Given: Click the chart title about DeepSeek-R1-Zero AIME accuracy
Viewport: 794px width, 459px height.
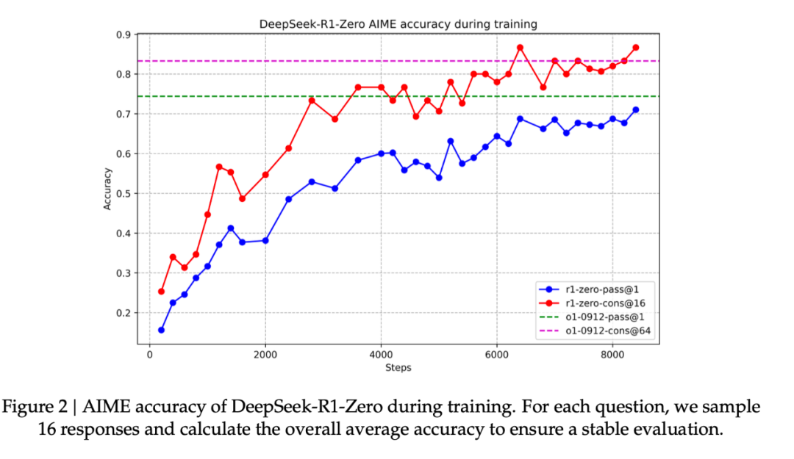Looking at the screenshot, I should click(398, 24).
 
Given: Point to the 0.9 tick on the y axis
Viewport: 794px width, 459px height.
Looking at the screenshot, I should click(124, 35).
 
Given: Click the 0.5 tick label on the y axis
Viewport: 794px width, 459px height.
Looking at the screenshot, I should click(124, 194).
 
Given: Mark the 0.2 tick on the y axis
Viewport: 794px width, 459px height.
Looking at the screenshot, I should click(124, 313).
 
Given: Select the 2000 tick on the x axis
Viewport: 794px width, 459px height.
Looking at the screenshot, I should click(265, 354).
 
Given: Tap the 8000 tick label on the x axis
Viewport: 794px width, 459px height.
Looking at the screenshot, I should click(612, 354).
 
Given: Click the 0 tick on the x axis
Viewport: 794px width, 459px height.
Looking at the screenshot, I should click(150, 354).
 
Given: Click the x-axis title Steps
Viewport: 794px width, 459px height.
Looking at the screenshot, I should click(398, 367).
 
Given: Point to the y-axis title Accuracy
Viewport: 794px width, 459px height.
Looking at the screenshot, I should click(107, 189).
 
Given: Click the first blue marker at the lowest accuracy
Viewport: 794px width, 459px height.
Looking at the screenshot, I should click(161, 330).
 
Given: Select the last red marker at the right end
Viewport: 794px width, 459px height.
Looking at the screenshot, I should click(635, 48).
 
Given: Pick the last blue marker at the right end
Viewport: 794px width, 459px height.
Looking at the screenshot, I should click(635, 110).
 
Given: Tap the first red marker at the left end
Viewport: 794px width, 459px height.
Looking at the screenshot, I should click(161, 292).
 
